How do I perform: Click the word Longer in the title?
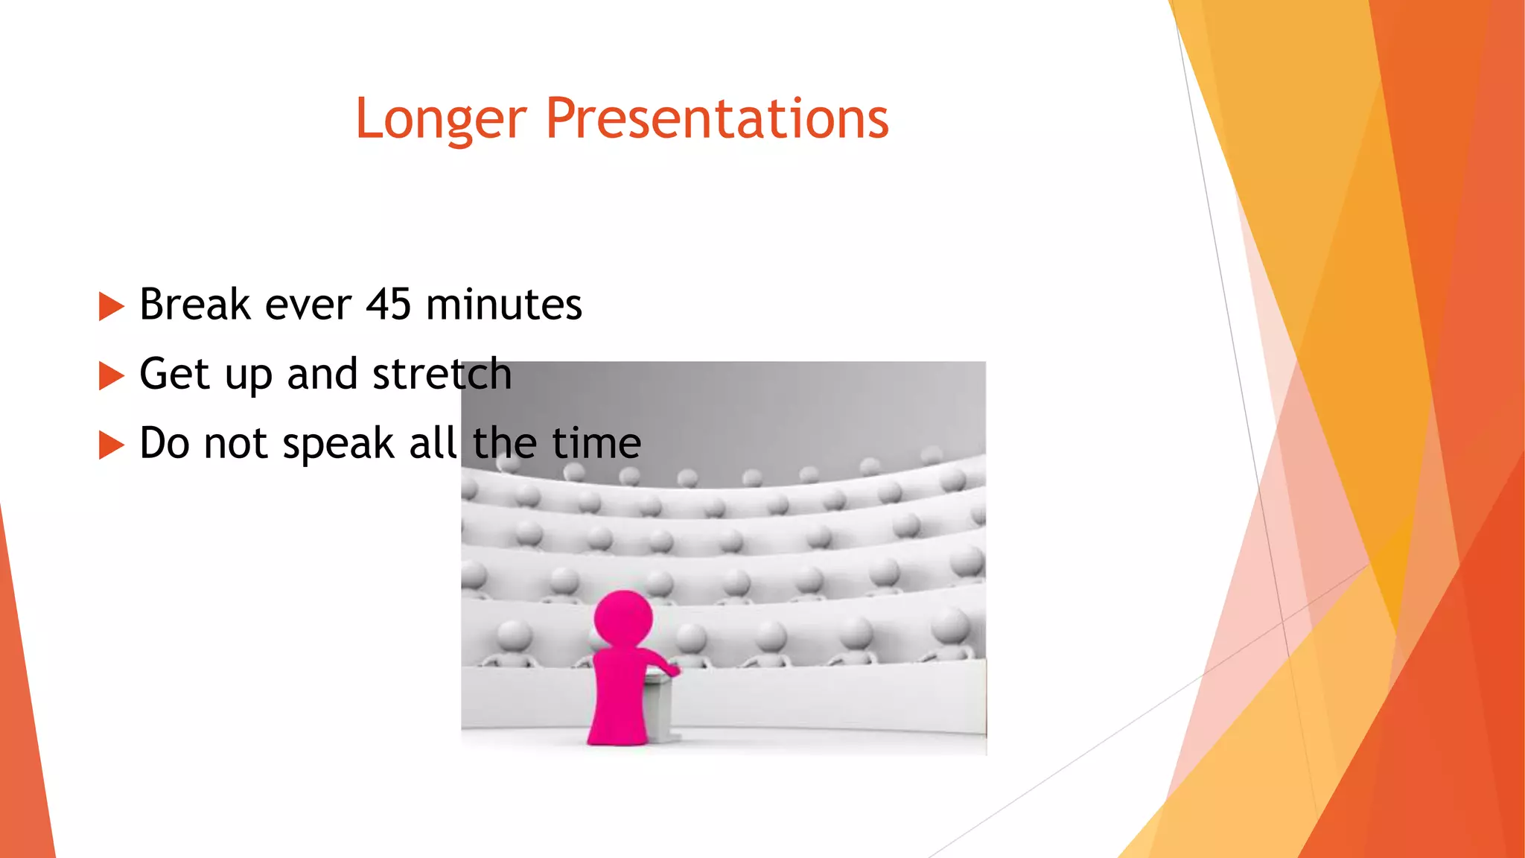pyautogui.click(x=441, y=119)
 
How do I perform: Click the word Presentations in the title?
pyautogui.click(x=717, y=119)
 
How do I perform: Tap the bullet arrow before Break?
pyautogui.click(x=110, y=306)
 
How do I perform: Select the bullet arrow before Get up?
pyautogui.click(x=110, y=376)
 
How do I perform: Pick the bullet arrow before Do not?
pyautogui.click(x=110, y=445)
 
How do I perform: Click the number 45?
pyautogui.click(x=388, y=305)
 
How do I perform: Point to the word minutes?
pyautogui.click(x=503, y=305)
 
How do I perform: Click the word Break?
pyautogui.click(x=195, y=305)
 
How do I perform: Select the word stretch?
pyautogui.click(x=442, y=374)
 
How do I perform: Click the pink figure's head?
pyautogui.click(x=623, y=618)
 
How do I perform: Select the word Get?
pyautogui.click(x=174, y=374)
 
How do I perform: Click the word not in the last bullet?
pyautogui.click(x=235, y=444)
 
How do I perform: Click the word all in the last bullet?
pyautogui.click(x=433, y=443)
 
